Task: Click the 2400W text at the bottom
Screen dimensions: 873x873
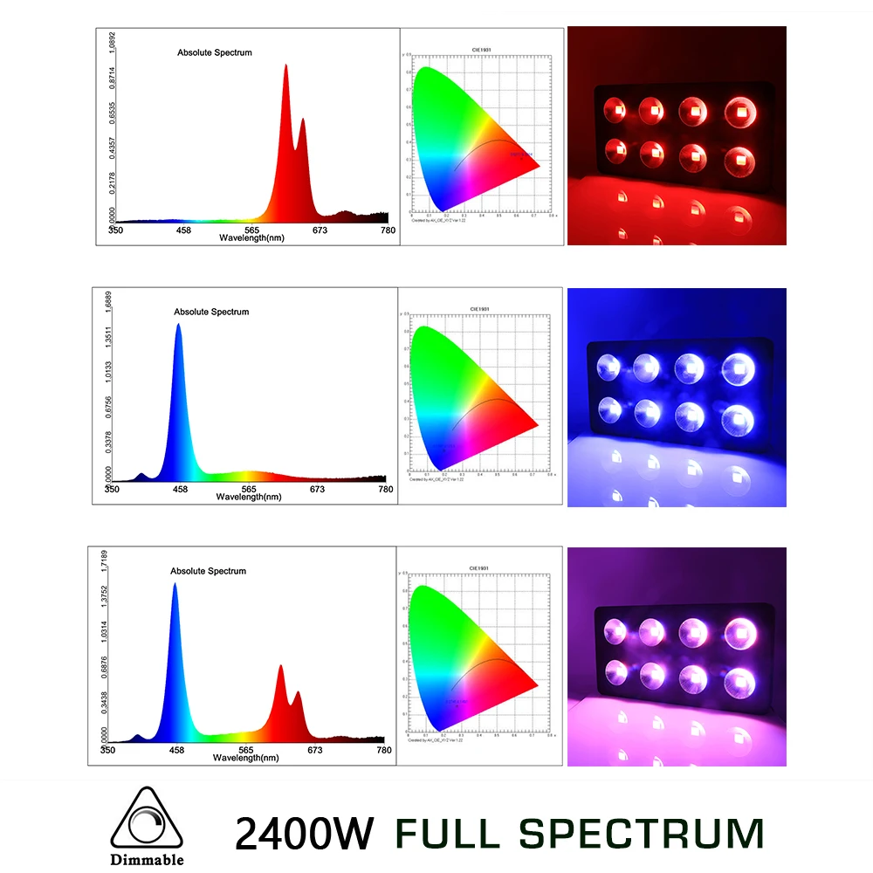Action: tap(303, 833)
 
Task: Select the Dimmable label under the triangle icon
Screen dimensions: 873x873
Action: tap(148, 859)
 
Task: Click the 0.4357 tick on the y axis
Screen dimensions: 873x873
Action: tap(110, 145)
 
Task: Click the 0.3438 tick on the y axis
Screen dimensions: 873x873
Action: tap(104, 696)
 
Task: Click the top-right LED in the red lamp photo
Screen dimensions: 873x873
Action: tap(739, 111)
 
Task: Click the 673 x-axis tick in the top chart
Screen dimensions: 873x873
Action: tap(320, 230)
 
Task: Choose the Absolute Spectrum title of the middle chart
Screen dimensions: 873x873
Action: tap(211, 312)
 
